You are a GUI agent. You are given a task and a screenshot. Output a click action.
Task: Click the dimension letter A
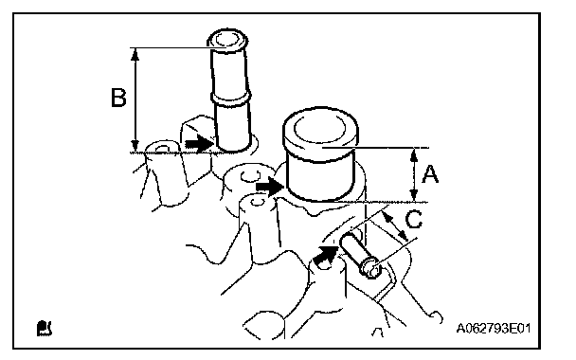[430, 174]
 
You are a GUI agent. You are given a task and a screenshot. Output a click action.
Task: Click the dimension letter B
[118, 98]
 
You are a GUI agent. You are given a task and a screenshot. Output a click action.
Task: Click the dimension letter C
[414, 220]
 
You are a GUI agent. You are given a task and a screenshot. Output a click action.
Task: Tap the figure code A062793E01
[494, 328]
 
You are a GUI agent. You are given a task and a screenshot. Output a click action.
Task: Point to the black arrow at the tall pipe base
[199, 143]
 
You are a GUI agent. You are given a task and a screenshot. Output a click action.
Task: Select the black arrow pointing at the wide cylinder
[270, 187]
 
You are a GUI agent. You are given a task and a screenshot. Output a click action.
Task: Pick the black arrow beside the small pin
[326, 254]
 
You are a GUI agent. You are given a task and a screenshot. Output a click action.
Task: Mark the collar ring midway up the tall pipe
[231, 99]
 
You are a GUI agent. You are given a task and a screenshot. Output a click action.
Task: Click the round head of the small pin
[371, 268]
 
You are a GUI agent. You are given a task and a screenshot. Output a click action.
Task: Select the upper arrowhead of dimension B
[135, 54]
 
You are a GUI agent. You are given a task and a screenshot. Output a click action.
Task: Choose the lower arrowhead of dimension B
[135, 145]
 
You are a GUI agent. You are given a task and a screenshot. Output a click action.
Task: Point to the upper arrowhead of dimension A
[414, 154]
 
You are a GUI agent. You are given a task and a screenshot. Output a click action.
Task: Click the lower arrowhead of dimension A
[414, 195]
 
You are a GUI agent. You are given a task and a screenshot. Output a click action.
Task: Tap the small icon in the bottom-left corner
[45, 328]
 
